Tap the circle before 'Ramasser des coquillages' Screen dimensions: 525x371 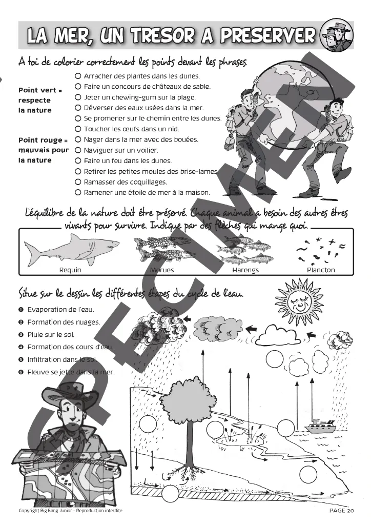78,182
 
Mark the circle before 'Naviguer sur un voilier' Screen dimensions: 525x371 78,150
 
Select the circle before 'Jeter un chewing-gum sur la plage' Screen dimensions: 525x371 78,97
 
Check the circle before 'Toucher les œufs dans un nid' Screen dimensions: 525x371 78,129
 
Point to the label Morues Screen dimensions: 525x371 162,270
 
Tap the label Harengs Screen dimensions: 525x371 245,270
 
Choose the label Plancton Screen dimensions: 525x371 321,270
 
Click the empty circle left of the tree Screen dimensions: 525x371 147,424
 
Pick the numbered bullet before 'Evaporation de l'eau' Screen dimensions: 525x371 21,309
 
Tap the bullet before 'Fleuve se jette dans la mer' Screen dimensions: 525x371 21,372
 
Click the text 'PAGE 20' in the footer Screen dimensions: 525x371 341,511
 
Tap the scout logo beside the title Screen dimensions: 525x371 334,35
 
